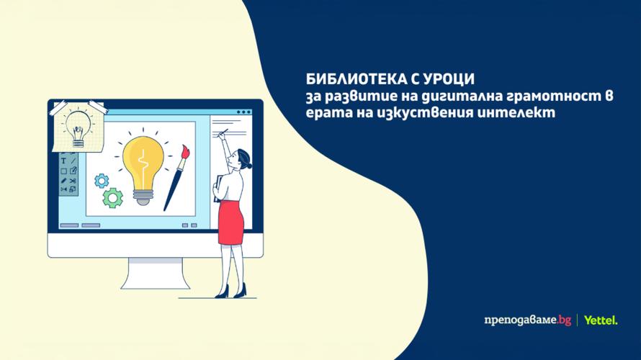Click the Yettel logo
tap(601, 320)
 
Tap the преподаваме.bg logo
tap(529, 320)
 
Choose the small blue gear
tap(102, 178)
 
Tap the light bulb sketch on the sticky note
tap(76, 129)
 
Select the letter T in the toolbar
tap(63, 161)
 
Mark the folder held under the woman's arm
tap(217, 185)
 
